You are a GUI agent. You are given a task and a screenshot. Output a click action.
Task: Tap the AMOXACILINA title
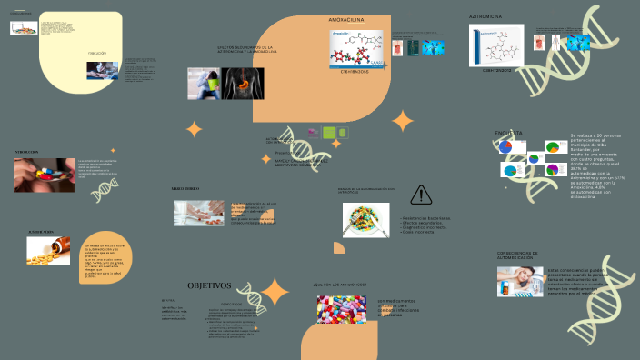(x=346, y=19)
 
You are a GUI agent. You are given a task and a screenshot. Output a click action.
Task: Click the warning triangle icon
(x=421, y=194)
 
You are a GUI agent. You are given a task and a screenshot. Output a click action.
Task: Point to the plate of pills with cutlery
(x=366, y=219)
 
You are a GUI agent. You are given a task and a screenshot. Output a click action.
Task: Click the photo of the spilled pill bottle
(x=49, y=252)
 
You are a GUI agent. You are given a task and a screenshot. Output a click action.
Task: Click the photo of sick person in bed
(x=520, y=280)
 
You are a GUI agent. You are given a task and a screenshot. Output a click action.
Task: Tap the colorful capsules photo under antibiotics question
(x=342, y=310)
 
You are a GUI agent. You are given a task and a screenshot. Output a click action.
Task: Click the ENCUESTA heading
(x=508, y=133)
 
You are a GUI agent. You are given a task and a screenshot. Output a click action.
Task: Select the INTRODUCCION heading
(x=26, y=151)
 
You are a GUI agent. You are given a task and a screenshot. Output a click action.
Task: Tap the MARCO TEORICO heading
(x=185, y=188)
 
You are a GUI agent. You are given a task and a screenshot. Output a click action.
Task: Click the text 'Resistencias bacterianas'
(x=425, y=218)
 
